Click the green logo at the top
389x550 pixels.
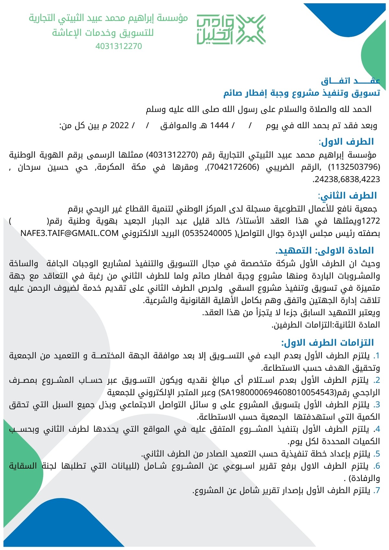[231, 29]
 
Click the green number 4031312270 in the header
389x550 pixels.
[119, 46]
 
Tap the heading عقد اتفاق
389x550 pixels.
[350, 81]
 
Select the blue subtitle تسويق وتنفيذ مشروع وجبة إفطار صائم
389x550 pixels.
[301, 93]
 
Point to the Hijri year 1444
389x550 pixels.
[219, 125]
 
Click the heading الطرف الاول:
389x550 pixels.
[346, 142]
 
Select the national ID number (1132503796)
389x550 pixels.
[354, 167]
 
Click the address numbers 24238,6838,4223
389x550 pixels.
[346, 179]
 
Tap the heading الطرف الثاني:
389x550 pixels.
[347, 196]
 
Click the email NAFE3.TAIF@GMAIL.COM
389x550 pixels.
[69, 233]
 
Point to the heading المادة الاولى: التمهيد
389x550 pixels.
[324, 251]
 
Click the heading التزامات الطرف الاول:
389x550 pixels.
[327, 343]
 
